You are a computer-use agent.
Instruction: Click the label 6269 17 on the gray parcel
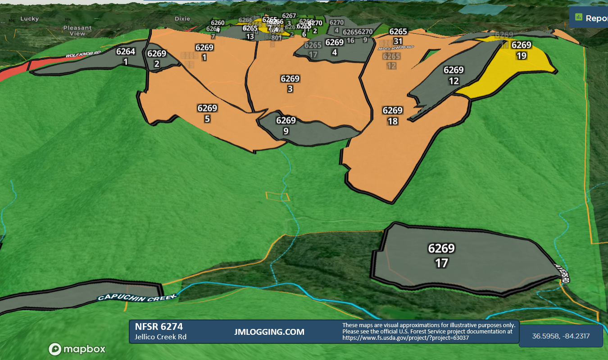pyautogui.click(x=441, y=255)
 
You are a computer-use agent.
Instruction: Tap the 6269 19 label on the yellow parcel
pyautogui.click(x=522, y=50)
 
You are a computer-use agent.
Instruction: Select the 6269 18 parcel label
pyautogui.click(x=392, y=115)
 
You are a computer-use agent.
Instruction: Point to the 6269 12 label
pyautogui.click(x=454, y=75)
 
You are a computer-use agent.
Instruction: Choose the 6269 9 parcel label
pyautogui.click(x=286, y=126)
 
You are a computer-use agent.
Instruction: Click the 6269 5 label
pyautogui.click(x=207, y=113)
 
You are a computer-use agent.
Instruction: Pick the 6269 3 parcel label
pyautogui.click(x=290, y=84)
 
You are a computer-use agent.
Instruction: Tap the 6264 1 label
pyautogui.click(x=126, y=56)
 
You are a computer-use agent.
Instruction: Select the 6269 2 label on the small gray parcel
pyautogui.click(x=157, y=58)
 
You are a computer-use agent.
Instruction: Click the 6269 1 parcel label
pyautogui.click(x=204, y=52)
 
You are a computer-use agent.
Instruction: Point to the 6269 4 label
pyautogui.click(x=334, y=47)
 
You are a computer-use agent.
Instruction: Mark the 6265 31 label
pyautogui.click(x=398, y=36)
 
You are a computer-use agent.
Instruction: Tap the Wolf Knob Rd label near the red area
pyautogui.click(x=82, y=55)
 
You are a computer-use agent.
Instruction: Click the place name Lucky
pyautogui.click(x=30, y=19)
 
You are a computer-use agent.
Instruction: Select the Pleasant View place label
pyautogui.click(x=77, y=31)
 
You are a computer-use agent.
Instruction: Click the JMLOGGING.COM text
pyautogui.click(x=269, y=332)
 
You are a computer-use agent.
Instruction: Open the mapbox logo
pyautogui.click(x=77, y=349)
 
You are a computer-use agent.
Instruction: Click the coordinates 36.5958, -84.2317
pyautogui.click(x=561, y=336)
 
